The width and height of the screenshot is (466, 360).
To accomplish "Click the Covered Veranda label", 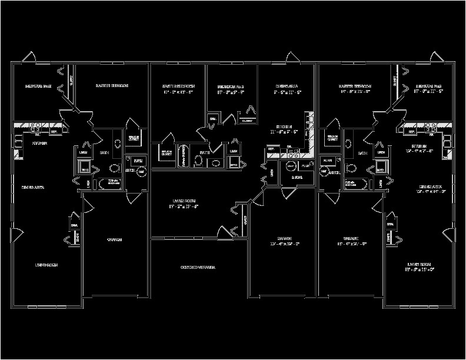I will tap(198, 268).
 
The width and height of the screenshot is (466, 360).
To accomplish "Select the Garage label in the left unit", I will tap(114, 240).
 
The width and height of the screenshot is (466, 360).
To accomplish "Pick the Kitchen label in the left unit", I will tap(39, 143).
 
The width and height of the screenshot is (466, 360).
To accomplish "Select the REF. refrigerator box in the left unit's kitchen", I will tap(54, 132).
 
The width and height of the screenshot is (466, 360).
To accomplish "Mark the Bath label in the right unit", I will tap(361, 153).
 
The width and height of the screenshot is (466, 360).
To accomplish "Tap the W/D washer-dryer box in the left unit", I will tap(84, 171).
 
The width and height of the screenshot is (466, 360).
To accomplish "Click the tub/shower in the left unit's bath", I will tap(114, 183).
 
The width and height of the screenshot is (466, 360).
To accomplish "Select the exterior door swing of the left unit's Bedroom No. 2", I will tap(28, 58).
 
